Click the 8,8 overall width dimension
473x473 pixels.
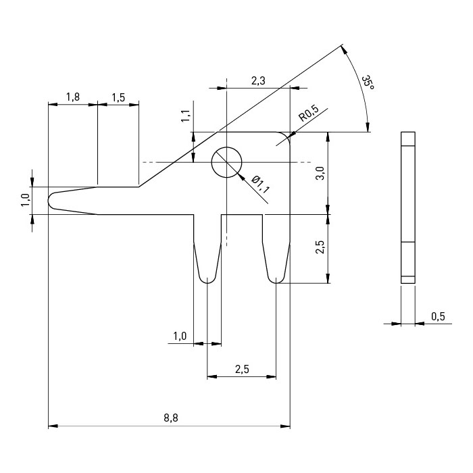pos(170,418)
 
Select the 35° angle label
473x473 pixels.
pos(367,84)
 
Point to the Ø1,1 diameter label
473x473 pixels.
pos(260,184)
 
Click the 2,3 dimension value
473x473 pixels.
pos(258,80)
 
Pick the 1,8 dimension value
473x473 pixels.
pos(72,97)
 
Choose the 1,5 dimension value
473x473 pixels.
pos(118,97)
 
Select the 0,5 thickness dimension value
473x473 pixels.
pos(438,316)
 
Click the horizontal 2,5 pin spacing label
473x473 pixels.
pos(241,368)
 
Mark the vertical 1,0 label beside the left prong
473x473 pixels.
pos(25,201)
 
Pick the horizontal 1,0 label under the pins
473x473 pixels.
pos(179,336)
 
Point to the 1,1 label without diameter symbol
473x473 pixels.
pos(185,116)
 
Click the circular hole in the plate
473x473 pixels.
pos(226,162)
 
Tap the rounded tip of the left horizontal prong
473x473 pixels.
pos(51,201)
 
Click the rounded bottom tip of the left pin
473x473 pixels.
pos(207,279)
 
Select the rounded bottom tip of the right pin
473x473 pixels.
pos(276,279)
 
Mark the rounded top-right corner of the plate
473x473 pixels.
pos(284,137)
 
